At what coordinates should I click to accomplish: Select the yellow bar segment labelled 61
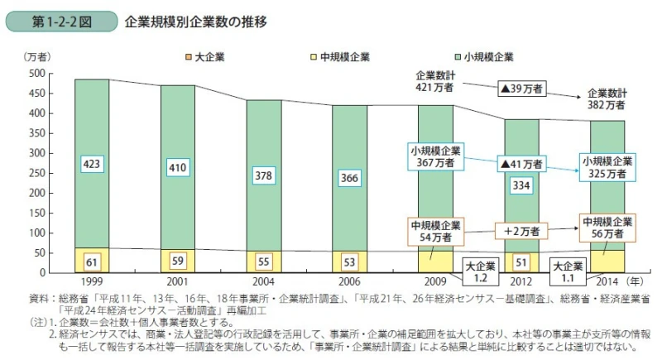[x=91, y=261]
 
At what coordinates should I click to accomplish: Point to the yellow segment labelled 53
[x=349, y=263]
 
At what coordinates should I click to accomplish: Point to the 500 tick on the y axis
[x=36, y=74]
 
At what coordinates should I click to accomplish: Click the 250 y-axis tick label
[x=36, y=173]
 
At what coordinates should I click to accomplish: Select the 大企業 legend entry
[x=206, y=56]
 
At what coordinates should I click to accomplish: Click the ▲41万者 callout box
[x=520, y=165]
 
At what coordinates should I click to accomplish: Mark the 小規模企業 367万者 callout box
[x=436, y=157]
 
